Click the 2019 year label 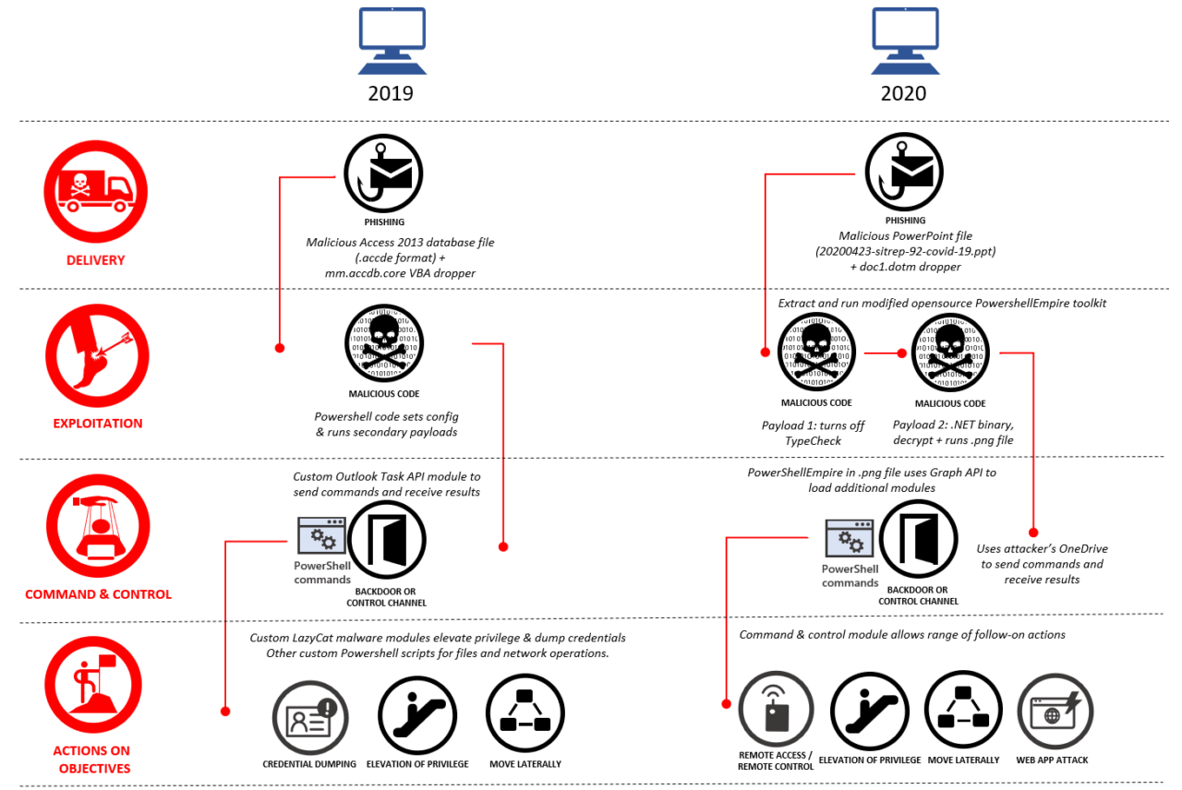click(391, 93)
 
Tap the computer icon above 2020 click(905, 41)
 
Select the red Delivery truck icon click(95, 191)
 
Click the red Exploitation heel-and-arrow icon click(97, 355)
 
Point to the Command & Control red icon click(98, 526)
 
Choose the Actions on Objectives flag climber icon click(93, 685)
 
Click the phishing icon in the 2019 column click(383, 174)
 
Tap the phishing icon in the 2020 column click(904, 172)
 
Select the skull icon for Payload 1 click(817, 352)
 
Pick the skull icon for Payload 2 click(951, 353)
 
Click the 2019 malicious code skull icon click(384, 343)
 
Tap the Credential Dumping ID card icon click(310, 718)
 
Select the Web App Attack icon click(1055, 711)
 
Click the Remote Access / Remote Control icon click(776, 709)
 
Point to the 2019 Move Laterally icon click(525, 713)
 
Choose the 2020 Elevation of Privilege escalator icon click(870, 711)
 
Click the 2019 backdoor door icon click(387, 540)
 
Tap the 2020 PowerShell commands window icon click(850, 538)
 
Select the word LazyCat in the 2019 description click(313, 638)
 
